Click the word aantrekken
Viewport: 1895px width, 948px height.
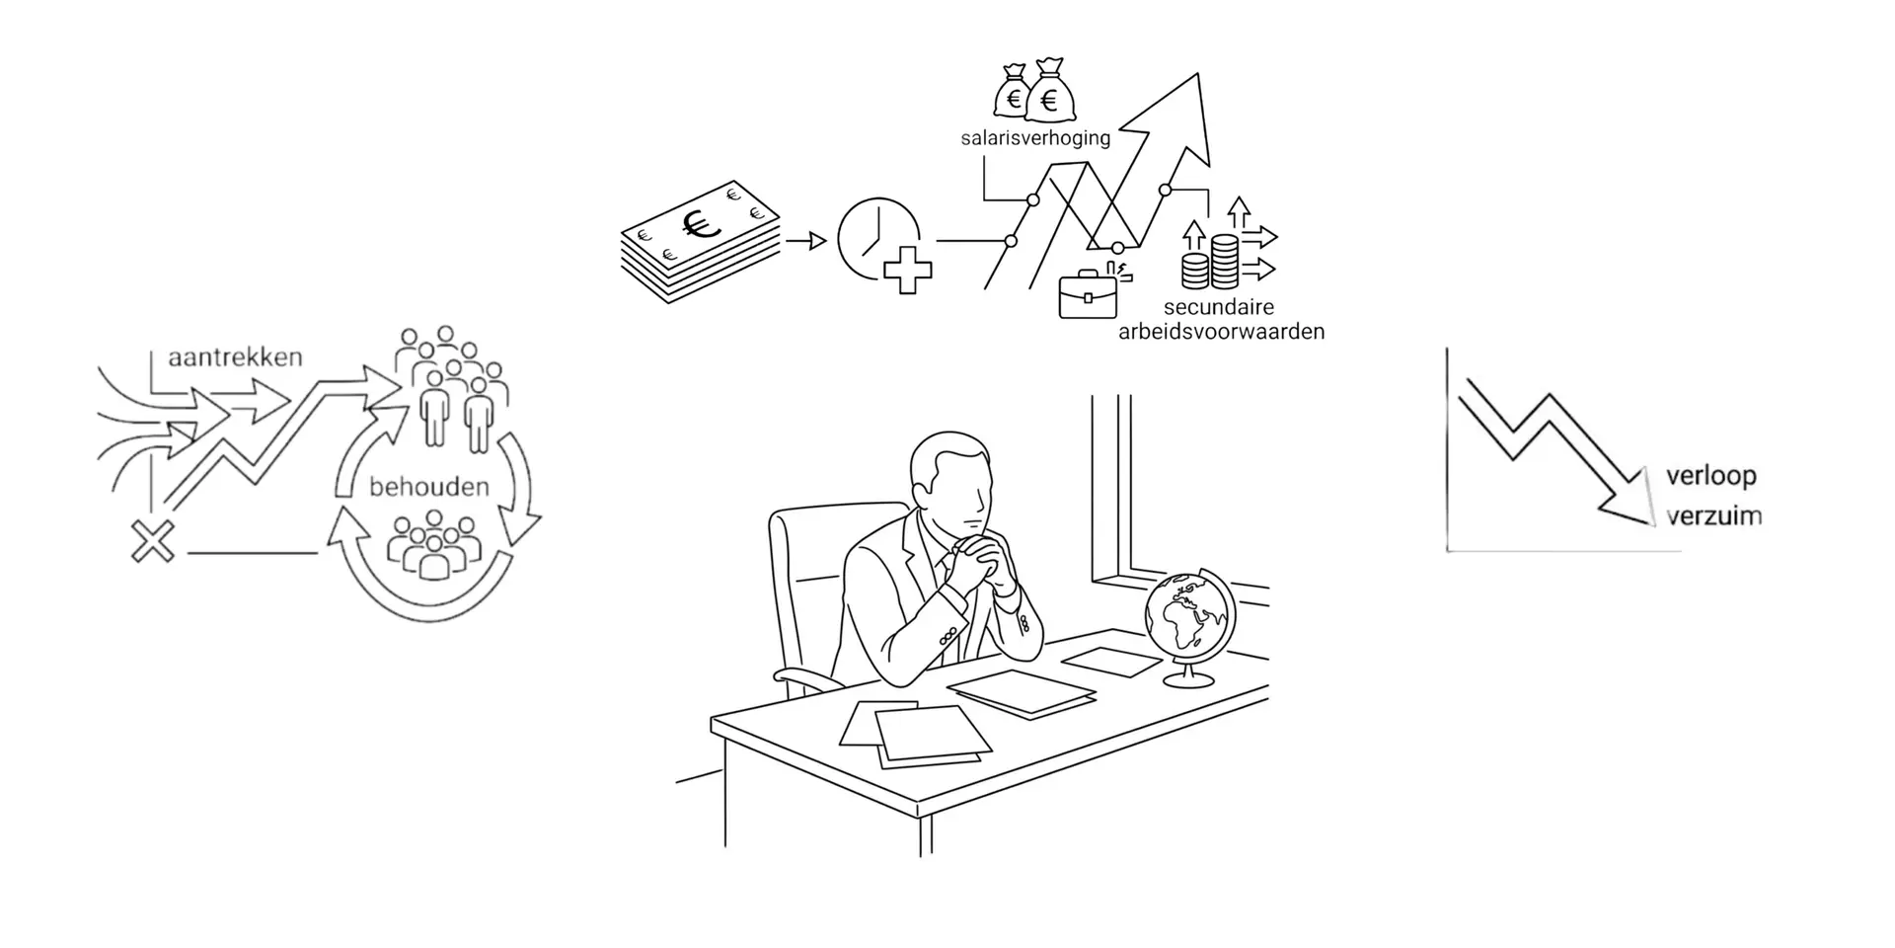tap(235, 357)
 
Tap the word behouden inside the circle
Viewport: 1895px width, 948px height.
tap(429, 487)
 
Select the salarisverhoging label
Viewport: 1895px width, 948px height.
tap(1035, 138)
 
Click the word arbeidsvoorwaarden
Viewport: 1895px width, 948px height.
tap(1221, 332)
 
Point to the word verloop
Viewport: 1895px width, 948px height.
tap(1711, 477)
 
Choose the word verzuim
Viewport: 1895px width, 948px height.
tap(1714, 515)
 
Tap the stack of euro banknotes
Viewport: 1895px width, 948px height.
tap(700, 241)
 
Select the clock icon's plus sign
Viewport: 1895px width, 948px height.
tap(907, 271)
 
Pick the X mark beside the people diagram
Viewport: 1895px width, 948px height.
tap(153, 541)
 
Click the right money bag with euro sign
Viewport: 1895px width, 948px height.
tap(1050, 90)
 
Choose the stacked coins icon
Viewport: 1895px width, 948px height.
tap(1210, 262)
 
